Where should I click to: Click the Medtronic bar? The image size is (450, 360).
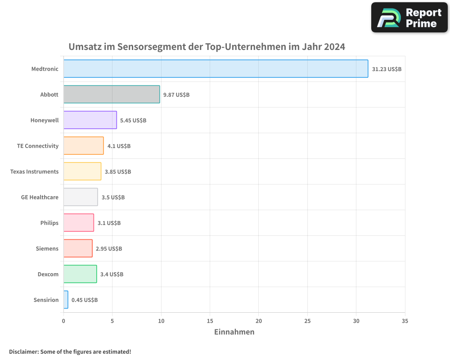216,69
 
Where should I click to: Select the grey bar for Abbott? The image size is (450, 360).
112,94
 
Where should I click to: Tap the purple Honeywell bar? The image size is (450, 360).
90,120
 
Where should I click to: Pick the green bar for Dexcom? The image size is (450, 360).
80,274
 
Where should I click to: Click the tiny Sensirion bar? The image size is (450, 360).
66,300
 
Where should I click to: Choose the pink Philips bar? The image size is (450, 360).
79,223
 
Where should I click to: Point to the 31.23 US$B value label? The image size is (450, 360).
387,69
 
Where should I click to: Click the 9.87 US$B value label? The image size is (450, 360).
176,95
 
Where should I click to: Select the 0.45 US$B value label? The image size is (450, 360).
85,300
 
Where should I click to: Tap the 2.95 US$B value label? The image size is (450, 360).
109,249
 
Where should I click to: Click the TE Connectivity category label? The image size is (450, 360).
38,146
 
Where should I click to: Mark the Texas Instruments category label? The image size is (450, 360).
35,171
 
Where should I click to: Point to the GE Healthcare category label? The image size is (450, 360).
40,197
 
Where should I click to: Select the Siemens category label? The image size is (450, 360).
47,248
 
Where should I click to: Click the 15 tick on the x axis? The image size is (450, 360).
210,321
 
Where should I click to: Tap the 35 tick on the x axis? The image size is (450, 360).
405,321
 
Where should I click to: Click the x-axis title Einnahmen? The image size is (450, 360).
234,332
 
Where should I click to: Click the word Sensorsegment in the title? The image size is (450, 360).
147,47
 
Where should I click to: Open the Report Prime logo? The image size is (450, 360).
409,18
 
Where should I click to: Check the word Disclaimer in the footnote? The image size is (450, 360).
23,351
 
